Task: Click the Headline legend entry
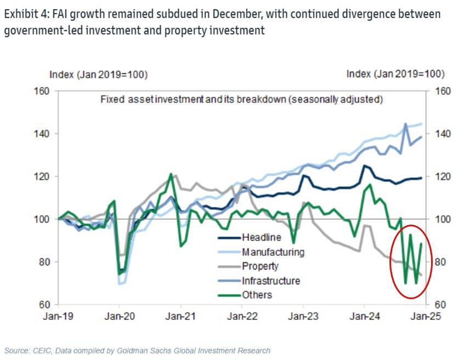pyautogui.click(x=261, y=238)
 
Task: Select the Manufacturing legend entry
pyautogui.click(x=273, y=252)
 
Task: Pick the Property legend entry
pyautogui.click(x=260, y=266)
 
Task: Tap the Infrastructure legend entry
pyautogui.click(x=270, y=281)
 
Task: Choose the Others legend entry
pyautogui.click(x=257, y=295)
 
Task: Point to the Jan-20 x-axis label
pyautogui.click(x=120, y=316)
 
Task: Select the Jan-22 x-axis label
pyautogui.click(x=242, y=316)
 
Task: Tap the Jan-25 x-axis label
pyautogui.click(x=426, y=316)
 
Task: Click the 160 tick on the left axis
pyautogui.click(x=42, y=91)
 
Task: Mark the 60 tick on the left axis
pyautogui.click(x=44, y=305)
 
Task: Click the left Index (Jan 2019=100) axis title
pyautogui.click(x=98, y=75)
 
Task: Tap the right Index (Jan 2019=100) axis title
pyautogui.click(x=395, y=75)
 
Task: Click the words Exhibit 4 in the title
pyautogui.click(x=24, y=14)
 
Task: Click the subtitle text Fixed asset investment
pyautogui.click(x=145, y=100)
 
